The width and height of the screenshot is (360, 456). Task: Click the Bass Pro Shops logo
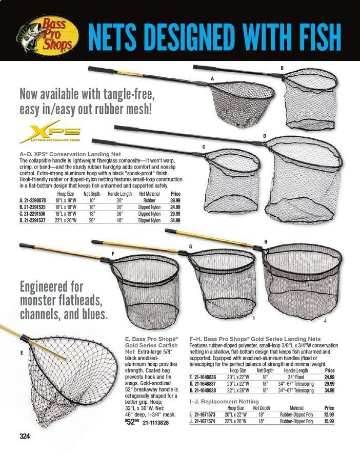[x=42, y=32]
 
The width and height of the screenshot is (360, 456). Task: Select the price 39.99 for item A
[x=175, y=200]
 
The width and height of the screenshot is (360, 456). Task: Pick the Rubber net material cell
[x=149, y=200]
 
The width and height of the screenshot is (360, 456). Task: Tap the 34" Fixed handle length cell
[x=297, y=377]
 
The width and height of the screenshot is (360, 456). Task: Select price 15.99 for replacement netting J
[x=329, y=421]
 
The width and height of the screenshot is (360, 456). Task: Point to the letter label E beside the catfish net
[x=21, y=353]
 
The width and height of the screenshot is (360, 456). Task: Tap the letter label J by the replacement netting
[x=325, y=320]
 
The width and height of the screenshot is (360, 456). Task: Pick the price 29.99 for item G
[x=329, y=384]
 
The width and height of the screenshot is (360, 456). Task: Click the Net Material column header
[x=149, y=194]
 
